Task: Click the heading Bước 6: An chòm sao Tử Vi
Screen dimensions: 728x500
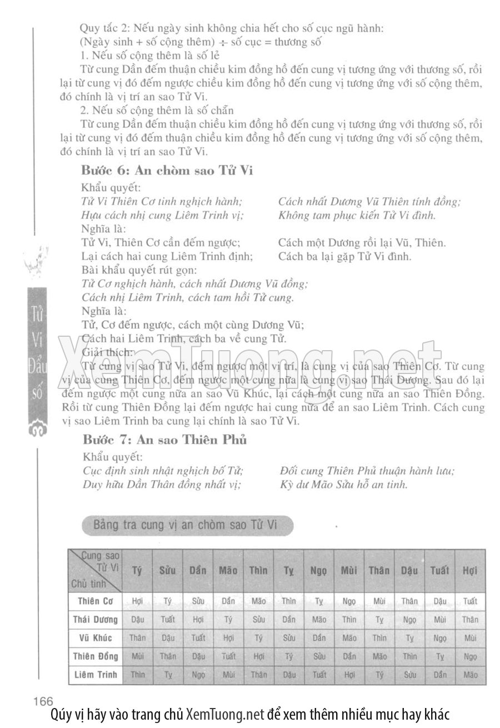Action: coord(167,170)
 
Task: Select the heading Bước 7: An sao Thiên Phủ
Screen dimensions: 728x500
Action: coord(164,440)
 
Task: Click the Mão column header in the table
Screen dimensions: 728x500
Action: coord(228,570)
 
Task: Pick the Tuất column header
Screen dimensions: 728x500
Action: coord(439,570)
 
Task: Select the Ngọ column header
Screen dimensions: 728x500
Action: coord(319,570)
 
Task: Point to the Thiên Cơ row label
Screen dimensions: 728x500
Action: coord(96,601)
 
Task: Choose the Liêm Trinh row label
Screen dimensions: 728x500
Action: coord(96,675)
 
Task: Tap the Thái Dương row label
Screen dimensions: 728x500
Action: coord(96,619)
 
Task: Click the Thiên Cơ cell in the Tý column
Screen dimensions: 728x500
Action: coord(137,601)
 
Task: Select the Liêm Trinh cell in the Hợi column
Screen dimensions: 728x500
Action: coord(470,675)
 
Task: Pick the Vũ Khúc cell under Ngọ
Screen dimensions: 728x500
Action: coord(319,637)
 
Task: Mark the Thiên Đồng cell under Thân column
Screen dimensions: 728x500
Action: coord(379,656)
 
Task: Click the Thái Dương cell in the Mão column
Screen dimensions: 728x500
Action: coord(228,619)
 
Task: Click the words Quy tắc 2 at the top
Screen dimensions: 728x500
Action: coord(103,27)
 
